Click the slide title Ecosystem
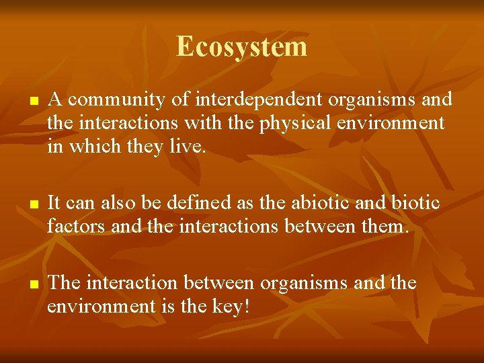[x=241, y=47]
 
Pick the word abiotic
[x=335, y=203]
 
